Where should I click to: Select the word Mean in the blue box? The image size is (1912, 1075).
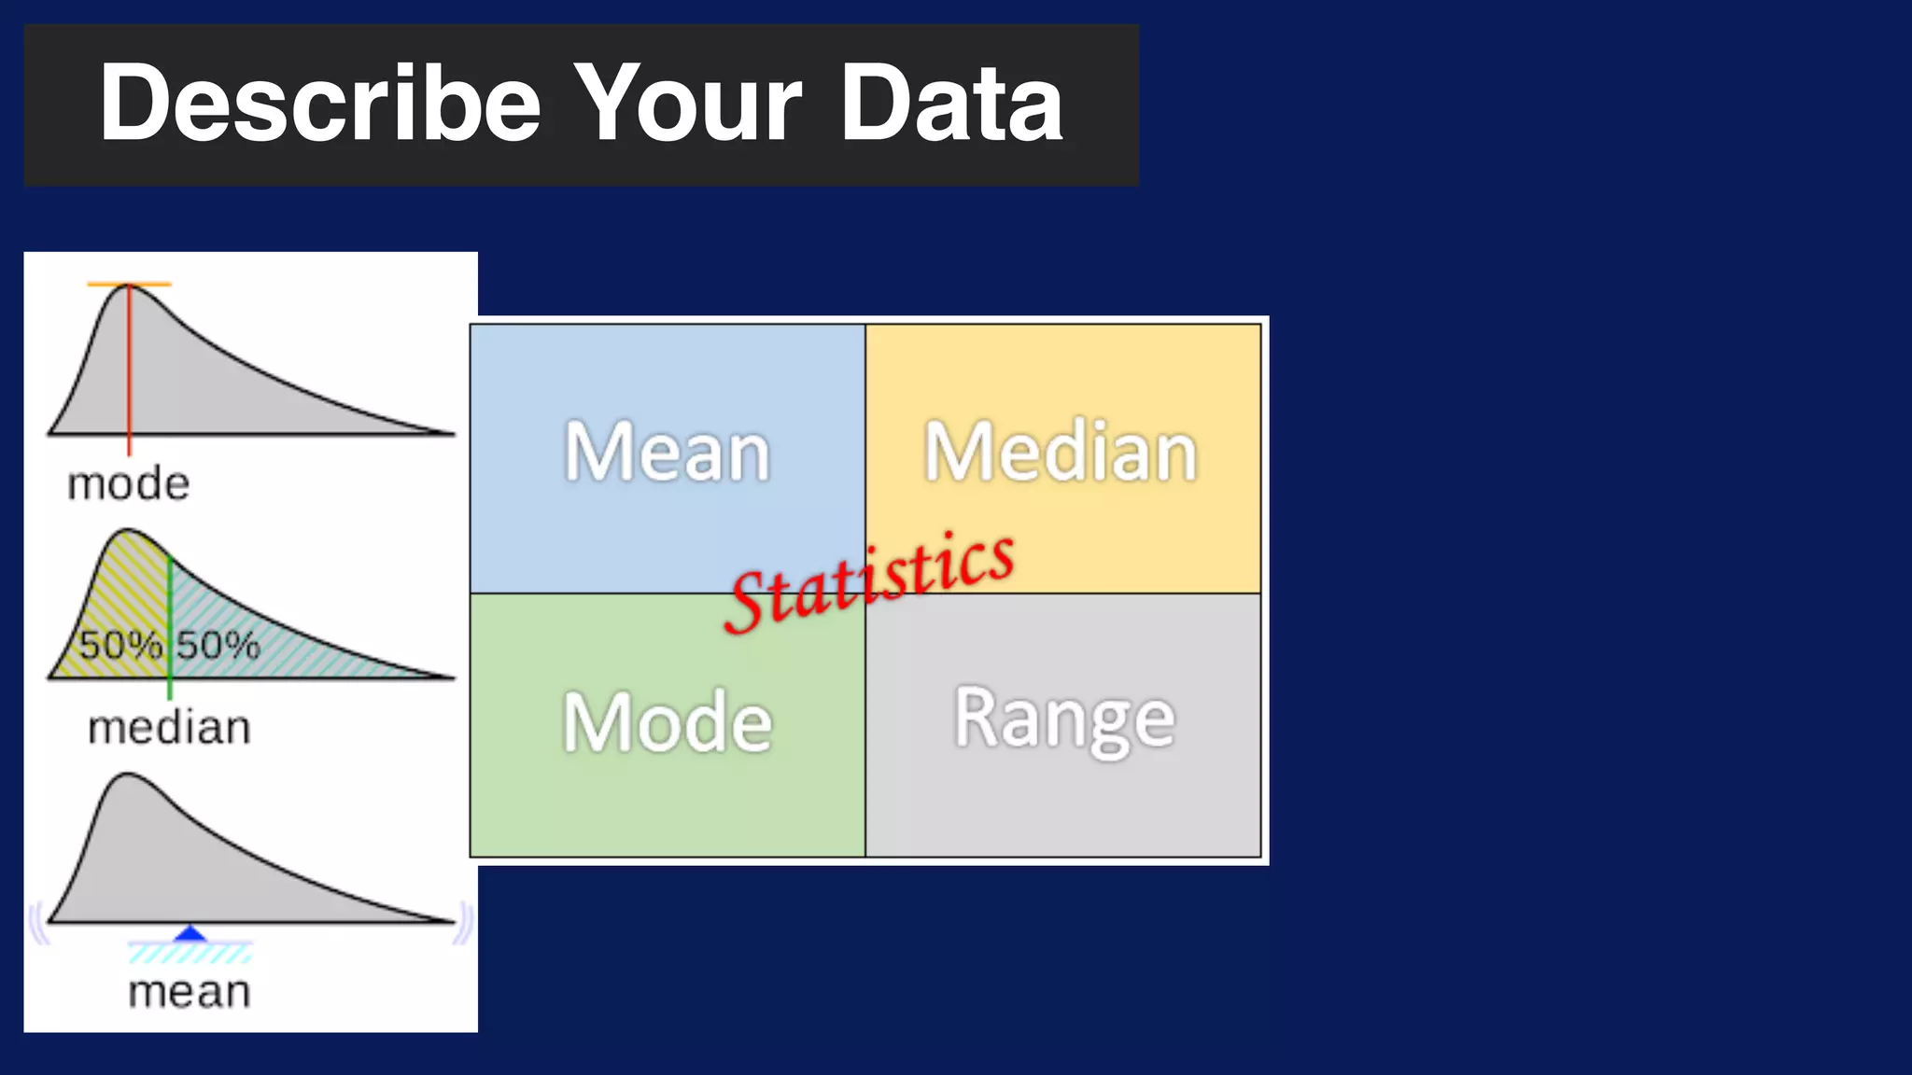click(667, 453)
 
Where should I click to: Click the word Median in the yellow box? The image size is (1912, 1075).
click(1061, 453)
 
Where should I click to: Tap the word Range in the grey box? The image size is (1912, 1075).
click(1064, 719)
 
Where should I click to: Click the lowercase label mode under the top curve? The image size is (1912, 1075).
click(129, 484)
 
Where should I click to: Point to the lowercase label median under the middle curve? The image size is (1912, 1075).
click(169, 728)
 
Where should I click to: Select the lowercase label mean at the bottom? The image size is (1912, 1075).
click(190, 992)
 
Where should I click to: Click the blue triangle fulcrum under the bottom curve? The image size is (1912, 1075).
click(190, 933)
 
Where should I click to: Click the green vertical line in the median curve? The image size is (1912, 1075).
click(170, 616)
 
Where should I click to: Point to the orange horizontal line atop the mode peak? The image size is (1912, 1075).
click(130, 284)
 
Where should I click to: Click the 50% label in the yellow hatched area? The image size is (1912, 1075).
click(119, 645)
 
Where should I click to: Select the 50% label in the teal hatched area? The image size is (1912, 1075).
click(218, 645)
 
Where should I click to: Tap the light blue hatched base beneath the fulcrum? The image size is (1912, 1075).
click(190, 953)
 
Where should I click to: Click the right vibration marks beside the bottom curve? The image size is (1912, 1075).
click(464, 924)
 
